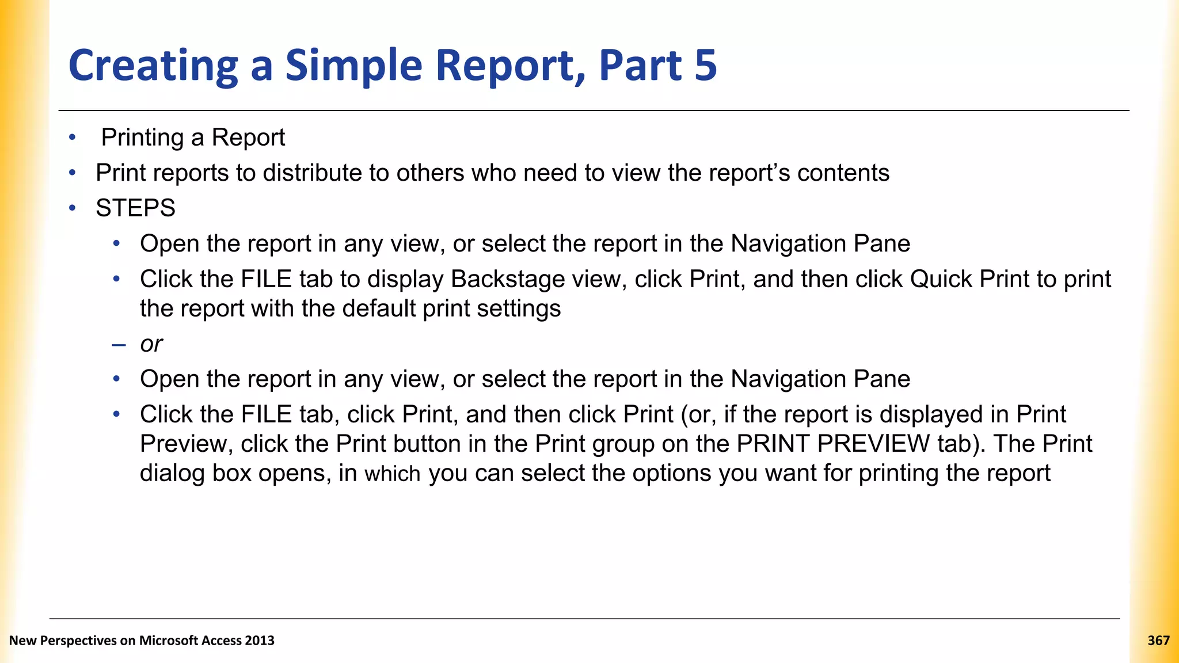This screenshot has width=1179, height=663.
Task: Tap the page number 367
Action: click(1158, 641)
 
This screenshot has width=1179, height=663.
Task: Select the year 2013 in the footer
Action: click(259, 641)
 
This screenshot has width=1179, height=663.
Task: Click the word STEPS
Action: click(135, 208)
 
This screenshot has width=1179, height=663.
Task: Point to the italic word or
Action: click(151, 344)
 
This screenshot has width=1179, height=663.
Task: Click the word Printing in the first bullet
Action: click(142, 138)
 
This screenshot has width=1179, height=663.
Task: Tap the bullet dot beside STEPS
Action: click(72, 208)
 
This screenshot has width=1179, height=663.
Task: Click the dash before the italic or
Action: click(119, 345)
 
